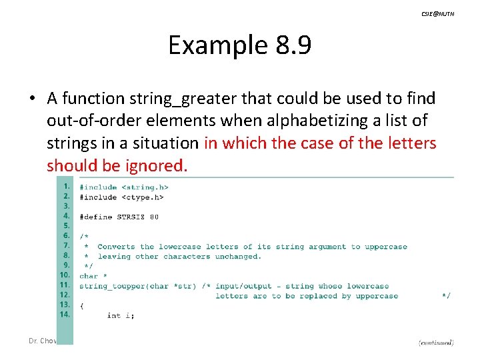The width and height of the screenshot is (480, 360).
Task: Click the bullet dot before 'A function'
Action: pos(31,99)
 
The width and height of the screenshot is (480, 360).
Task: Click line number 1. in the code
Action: pos(66,187)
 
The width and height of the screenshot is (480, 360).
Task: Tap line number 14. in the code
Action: pos(65,315)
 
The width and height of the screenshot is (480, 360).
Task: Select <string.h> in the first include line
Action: pos(142,187)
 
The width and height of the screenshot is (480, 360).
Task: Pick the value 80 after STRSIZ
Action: pos(154,217)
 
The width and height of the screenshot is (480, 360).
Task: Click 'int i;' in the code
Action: pos(121,315)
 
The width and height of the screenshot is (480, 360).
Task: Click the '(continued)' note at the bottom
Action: pos(436,342)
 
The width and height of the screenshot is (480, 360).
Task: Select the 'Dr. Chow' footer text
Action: pos(42,341)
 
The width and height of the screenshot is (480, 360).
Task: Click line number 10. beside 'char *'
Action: pos(65,275)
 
